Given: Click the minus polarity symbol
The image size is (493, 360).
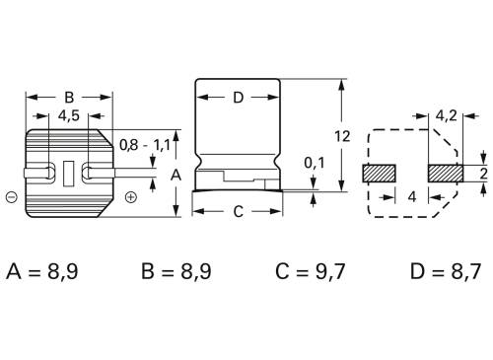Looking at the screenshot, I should click(11, 196).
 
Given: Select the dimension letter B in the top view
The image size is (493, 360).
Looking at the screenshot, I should click(68, 98).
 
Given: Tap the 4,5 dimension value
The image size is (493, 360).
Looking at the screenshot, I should click(68, 115).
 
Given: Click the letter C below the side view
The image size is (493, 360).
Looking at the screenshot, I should click(237, 211).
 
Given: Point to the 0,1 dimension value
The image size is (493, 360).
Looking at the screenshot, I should click(313, 162).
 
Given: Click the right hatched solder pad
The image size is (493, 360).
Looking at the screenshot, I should click(445, 173).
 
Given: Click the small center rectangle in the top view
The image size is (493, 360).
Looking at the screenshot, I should click(68, 173).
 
